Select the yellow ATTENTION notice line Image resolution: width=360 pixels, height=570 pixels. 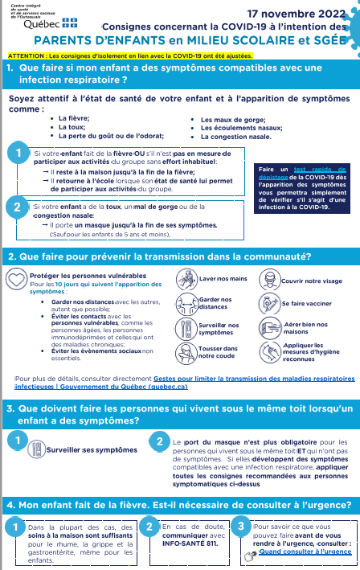click(x=129, y=55)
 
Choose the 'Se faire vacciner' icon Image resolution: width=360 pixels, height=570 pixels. click(x=268, y=304)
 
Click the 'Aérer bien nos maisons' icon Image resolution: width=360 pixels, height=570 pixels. click(x=268, y=328)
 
